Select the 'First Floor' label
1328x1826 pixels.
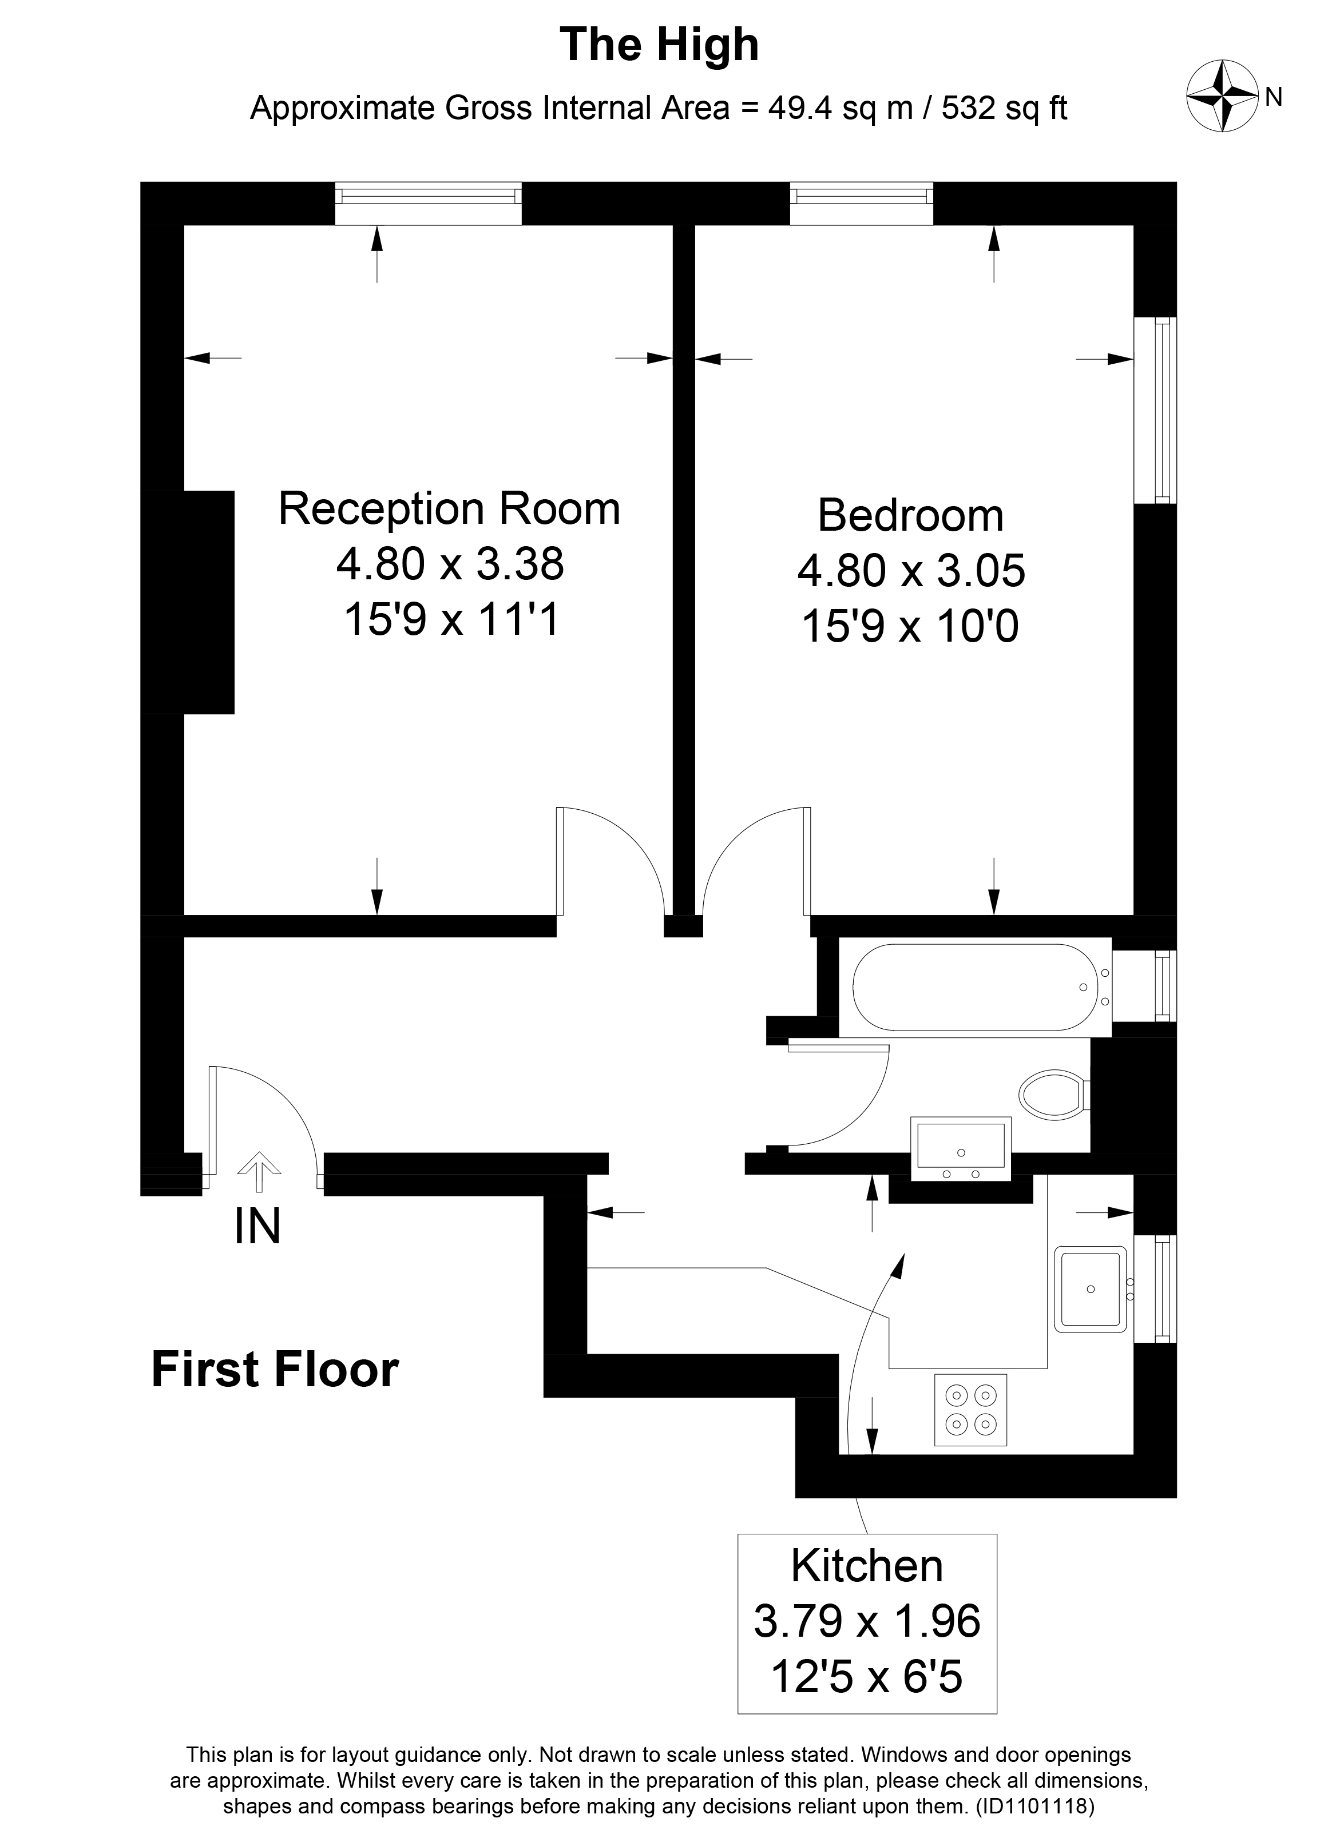pyautogui.click(x=275, y=1370)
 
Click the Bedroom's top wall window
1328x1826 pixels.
pyautogui.click(x=862, y=203)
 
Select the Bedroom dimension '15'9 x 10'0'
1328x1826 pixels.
pyautogui.click(x=911, y=626)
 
